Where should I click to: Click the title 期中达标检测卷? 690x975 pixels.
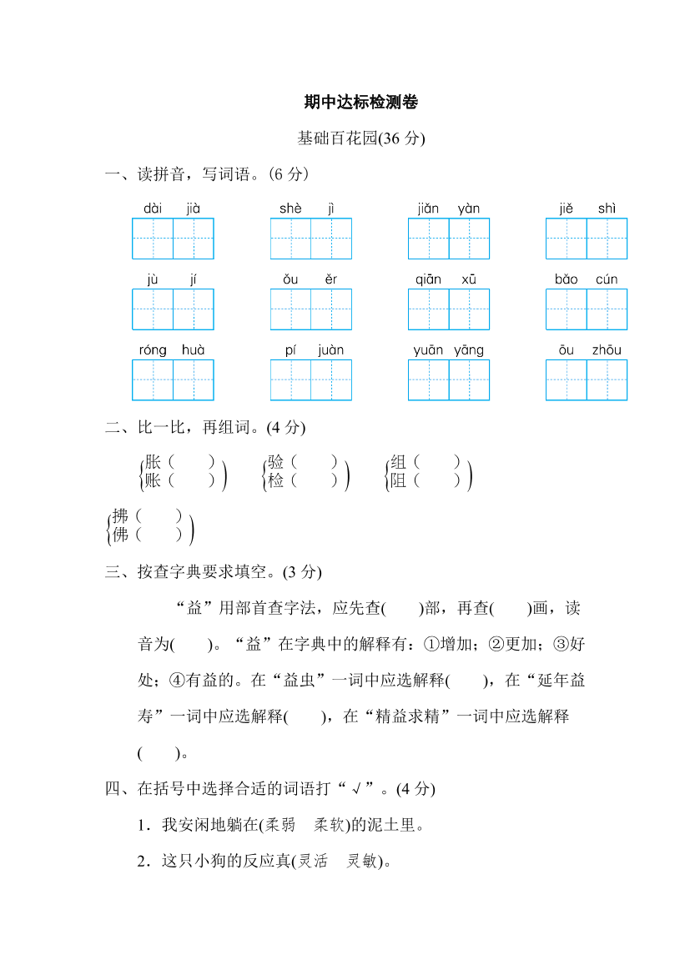[x=361, y=103]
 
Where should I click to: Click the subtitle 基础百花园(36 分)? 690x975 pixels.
[x=361, y=138]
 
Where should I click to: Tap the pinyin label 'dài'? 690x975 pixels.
[x=153, y=209]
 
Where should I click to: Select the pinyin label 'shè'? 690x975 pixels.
[x=290, y=209]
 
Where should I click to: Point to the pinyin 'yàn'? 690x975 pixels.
[x=469, y=209]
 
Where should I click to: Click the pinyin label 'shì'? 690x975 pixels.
[x=607, y=209]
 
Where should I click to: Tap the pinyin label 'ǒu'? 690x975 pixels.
[x=290, y=279]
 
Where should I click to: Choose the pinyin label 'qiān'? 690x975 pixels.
[x=428, y=279]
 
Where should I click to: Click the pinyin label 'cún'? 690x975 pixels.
[x=607, y=279]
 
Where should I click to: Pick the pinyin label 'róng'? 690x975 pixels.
[x=153, y=350]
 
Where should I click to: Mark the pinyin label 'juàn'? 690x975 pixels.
[x=331, y=350]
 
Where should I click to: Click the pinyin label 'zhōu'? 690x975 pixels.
[x=607, y=350]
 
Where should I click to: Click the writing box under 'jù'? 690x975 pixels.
[x=153, y=309]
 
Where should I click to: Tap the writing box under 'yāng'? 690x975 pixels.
[x=469, y=380]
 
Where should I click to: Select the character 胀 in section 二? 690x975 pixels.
[x=154, y=461]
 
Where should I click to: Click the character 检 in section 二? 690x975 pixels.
[x=276, y=480]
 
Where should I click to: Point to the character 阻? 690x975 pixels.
[x=399, y=480]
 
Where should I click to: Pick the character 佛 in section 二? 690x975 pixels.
[x=121, y=535]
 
